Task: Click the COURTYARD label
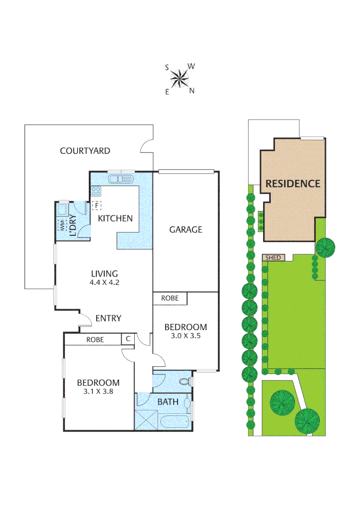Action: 85,151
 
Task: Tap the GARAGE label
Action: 186,230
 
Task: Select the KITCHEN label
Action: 115,218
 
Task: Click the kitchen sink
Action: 121,179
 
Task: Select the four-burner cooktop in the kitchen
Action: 96,191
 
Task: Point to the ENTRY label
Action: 108,318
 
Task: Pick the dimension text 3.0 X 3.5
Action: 185,337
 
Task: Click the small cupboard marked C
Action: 127,339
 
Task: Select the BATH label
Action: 168,402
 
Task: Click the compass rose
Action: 179,78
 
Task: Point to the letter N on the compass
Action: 192,91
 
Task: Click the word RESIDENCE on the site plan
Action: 293,183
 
